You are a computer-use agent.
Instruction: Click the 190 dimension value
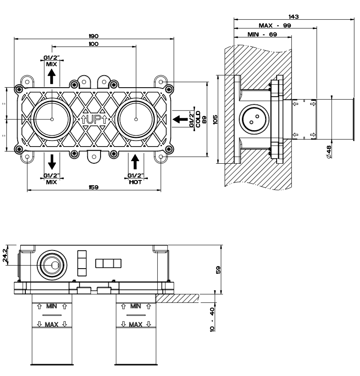click(94, 36)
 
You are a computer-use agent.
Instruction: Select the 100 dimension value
click(94, 44)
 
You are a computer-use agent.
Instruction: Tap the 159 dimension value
click(94, 187)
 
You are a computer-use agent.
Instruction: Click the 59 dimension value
click(218, 269)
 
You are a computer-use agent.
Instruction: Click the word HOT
click(135, 182)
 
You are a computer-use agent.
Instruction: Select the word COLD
click(198, 119)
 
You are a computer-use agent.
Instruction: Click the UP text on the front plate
click(94, 119)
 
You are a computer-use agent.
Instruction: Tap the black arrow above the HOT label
click(135, 162)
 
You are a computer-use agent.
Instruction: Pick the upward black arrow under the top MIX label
click(52, 77)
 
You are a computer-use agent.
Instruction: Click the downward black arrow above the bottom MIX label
click(52, 162)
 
